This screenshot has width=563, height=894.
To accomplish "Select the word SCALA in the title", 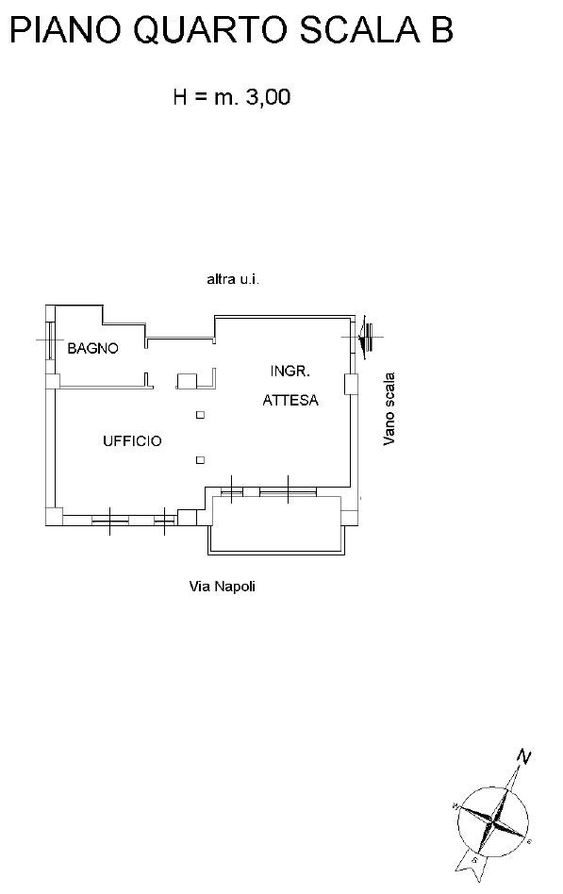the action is click(360, 29).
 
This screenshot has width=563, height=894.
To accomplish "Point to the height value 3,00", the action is click(268, 97).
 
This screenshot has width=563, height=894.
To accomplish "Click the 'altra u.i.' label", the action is click(233, 279).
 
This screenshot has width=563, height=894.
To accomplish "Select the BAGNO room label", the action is click(93, 348).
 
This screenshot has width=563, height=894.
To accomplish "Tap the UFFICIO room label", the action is click(132, 440).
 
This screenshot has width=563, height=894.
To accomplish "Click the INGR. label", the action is click(290, 372).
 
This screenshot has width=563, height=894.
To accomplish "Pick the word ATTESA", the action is click(290, 400).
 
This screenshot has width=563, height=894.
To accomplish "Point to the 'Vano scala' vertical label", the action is click(389, 408).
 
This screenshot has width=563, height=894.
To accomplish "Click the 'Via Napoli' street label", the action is click(222, 587).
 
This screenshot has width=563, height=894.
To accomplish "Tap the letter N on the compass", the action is click(524, 756).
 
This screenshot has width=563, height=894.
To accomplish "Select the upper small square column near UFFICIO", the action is click(200, 415).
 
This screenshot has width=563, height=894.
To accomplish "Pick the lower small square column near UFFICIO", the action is click(200, 460).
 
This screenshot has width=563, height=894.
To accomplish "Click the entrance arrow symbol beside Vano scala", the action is click(365, 337).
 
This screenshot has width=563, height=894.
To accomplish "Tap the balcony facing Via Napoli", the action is click(276, 525).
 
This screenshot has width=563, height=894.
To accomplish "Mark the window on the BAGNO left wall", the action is click(51, 340).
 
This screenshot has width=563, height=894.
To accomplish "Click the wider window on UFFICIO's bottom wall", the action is click(110, 520).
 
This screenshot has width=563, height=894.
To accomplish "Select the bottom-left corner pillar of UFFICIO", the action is click(54, 517).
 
